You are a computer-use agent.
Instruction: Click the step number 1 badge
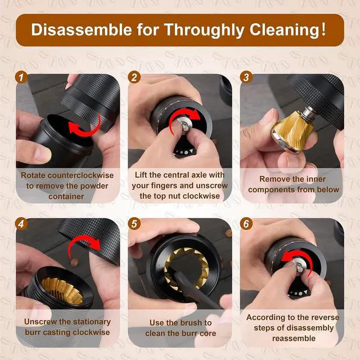tap(21, 77)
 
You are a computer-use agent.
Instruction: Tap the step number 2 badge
tap(134, 77)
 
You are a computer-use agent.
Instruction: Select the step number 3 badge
tap(246, 77)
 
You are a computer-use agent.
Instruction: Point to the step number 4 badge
tap(21, 224)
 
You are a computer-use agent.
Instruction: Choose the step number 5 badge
tap(134, 224)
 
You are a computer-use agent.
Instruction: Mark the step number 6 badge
tap(246, 224)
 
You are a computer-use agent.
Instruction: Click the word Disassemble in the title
tap(82, 29)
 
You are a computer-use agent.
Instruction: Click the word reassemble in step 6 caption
tap(294, 339)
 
